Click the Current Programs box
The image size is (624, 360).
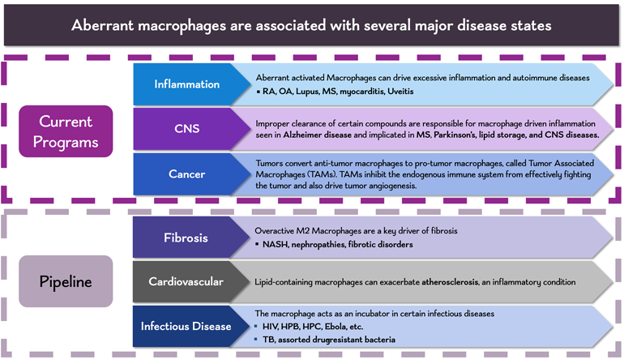point(66,131)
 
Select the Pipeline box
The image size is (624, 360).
point(66,281)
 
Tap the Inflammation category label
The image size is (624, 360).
point(187,84)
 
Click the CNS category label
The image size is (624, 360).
point(187,129)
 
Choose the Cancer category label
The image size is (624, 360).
point(187,174)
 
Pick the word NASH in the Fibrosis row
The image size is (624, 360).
point(277,244)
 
